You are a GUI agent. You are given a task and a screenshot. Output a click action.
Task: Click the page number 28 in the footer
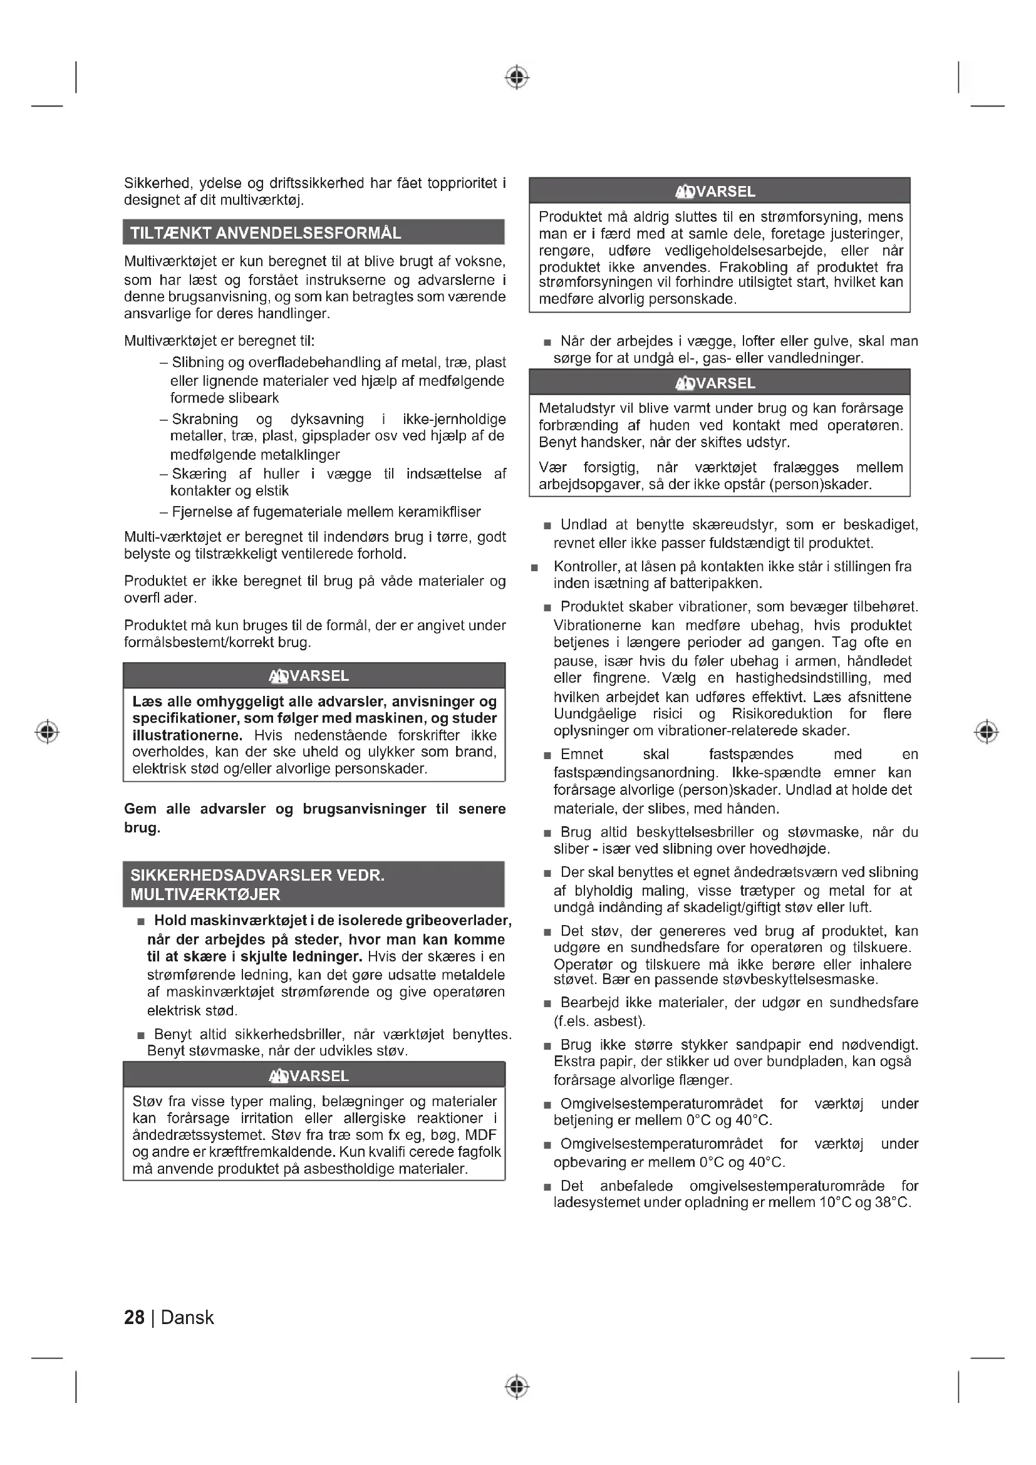pyautogui.click(x=134, y=1317)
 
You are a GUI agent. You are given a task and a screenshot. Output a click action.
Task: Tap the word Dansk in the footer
pyautogui.click(x=187, y=1317)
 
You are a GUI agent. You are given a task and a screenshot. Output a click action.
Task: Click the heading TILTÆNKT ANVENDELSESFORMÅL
pyautogui.click(x=266, y=233)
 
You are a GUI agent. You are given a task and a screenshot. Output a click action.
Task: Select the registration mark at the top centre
pyautogui.click(x=517, y=77)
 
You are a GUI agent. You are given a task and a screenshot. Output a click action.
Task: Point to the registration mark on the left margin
pyautogui.click(x=47, y=731)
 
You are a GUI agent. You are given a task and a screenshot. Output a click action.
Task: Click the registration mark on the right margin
pyautogui.click(x=987, y=731)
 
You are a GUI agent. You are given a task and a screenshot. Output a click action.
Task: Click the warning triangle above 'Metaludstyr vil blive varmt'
pyautogui.click(x=684, y=383)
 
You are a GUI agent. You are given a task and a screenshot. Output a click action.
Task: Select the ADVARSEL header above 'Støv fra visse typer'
pyautogui.click(x=309, y=1077)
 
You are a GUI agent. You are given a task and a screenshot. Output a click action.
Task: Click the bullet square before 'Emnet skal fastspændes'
pyautogui.click(x=547, y=756)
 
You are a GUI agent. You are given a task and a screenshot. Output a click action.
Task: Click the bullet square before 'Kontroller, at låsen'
pyautogui.click(x=534, y=567)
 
